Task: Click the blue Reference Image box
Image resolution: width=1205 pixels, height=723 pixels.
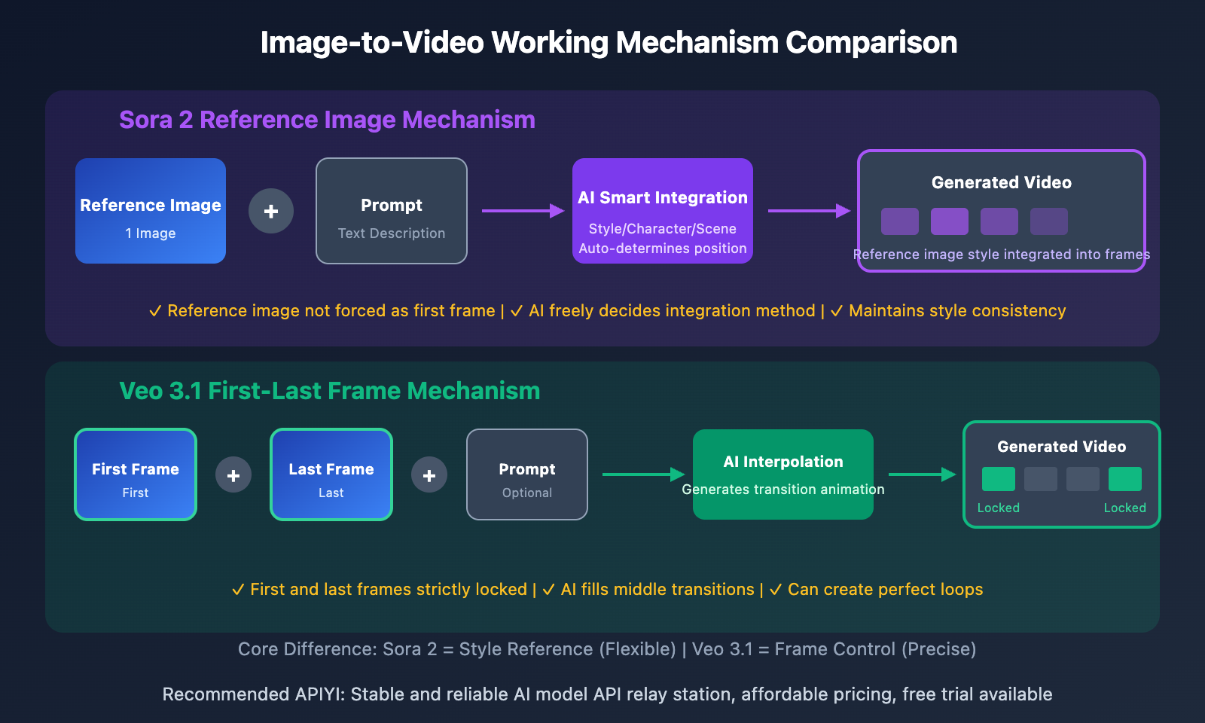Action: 151,211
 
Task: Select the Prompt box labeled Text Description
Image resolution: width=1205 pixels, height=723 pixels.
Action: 392,211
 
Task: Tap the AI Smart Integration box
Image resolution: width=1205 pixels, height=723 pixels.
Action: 663,211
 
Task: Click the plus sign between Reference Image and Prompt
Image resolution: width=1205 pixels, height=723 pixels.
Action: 271,211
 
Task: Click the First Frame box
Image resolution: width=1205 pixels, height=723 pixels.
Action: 136,474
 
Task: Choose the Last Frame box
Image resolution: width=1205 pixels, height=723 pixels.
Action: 331,474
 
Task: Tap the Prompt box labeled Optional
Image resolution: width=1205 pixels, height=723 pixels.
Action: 527,474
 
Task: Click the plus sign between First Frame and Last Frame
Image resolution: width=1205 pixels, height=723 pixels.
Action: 233,475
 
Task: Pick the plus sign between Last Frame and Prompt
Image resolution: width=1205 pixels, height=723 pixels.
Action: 429,475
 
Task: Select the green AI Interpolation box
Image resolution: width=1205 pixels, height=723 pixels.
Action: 783,474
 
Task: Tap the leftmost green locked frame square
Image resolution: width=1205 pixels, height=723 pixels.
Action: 999,479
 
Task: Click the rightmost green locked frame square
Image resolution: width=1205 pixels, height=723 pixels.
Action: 1125,479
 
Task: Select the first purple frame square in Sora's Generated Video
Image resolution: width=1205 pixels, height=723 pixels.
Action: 900,221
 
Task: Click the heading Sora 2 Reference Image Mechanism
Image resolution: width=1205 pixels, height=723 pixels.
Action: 327,120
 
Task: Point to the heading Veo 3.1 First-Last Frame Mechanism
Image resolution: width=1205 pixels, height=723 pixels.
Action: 330,391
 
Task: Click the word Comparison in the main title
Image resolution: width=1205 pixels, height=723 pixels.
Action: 871,43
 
